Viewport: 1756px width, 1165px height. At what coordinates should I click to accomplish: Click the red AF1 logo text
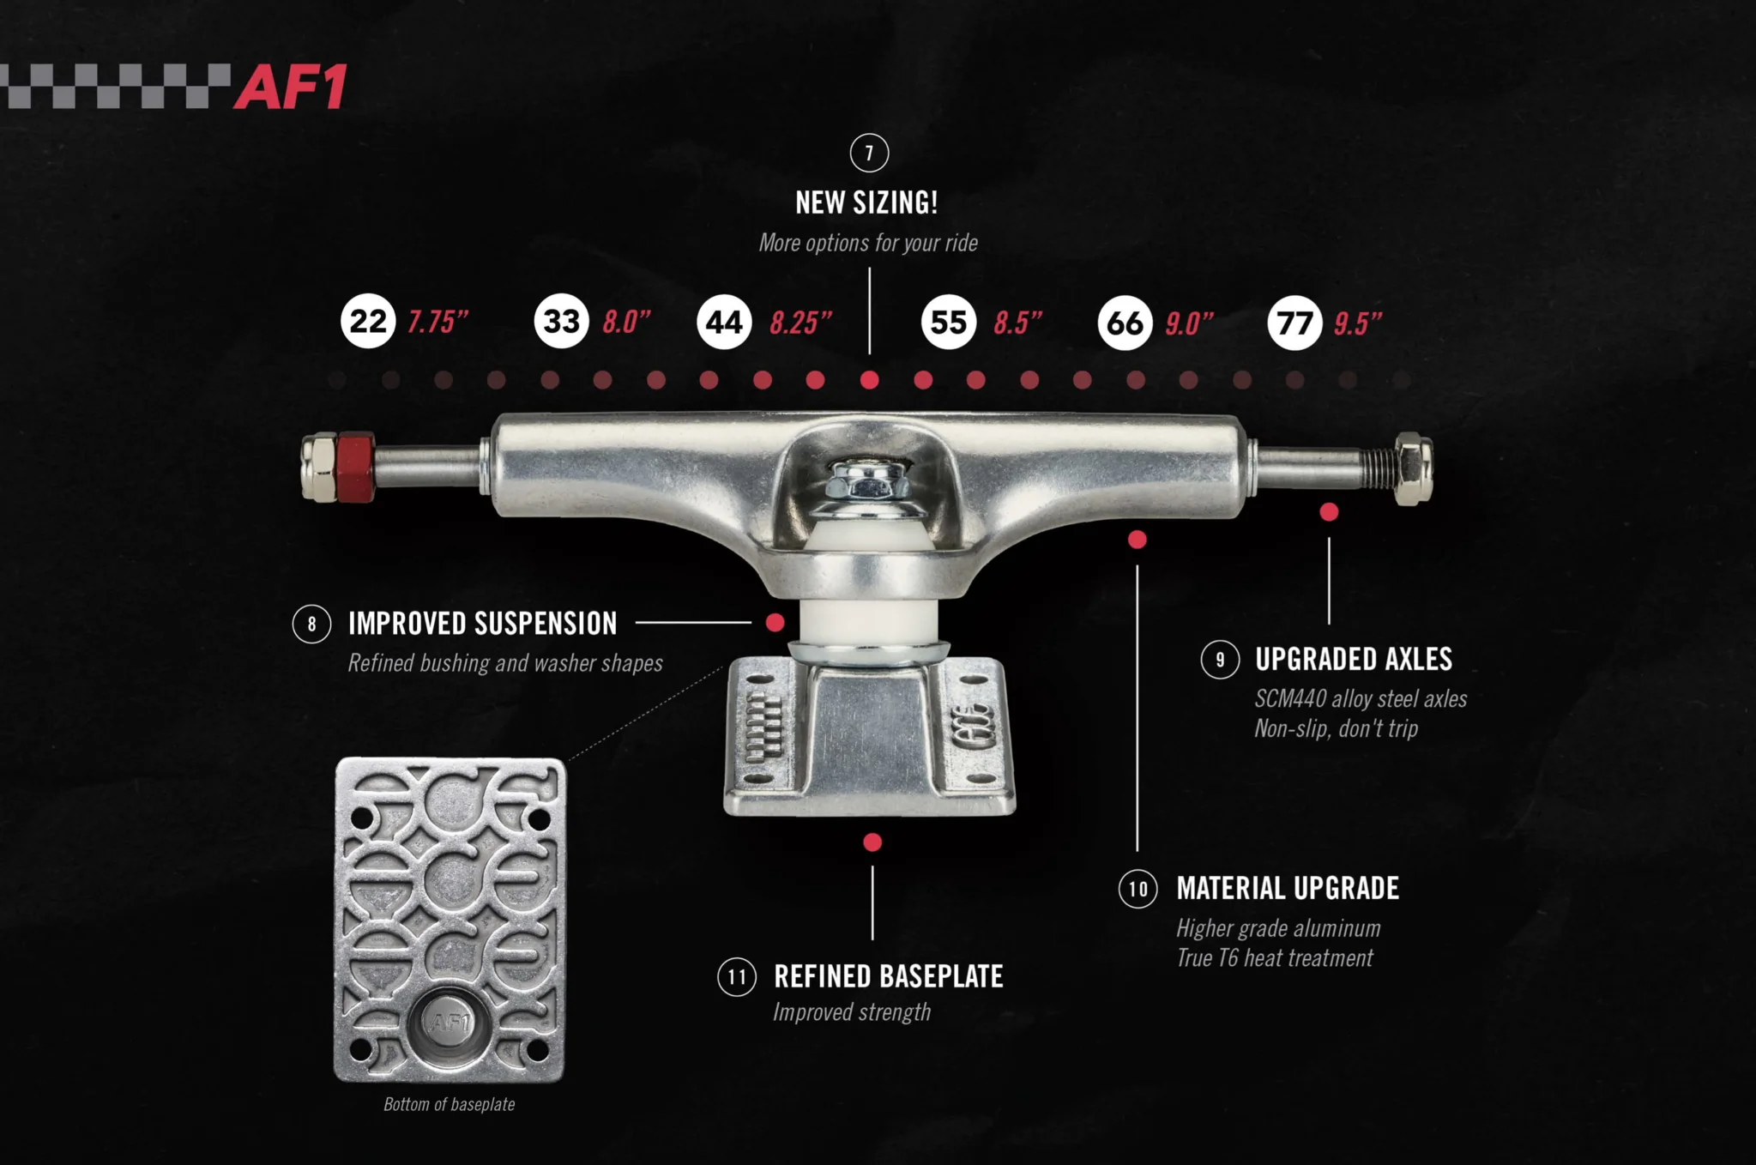(x=291, y=87)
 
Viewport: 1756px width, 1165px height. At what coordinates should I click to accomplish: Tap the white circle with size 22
(x=368, y=322)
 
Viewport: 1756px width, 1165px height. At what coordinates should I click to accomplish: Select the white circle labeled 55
(x=948, y=323)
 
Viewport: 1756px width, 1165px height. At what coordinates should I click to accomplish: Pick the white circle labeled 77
(x=1294, y=323)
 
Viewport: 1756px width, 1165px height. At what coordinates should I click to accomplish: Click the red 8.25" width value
(x=800, y=323)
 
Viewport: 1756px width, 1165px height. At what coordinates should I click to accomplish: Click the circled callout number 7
(x=869, y=154)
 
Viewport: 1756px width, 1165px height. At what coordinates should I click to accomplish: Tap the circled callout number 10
(x=1137, y=889)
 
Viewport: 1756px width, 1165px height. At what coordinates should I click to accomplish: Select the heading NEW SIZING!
(x=866, y=203)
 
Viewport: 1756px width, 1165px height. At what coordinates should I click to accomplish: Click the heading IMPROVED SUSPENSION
(x=482, y=624)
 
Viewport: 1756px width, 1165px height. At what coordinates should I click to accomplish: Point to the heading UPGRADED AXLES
(x=1353, y=659)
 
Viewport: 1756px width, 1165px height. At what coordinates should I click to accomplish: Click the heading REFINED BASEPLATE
(x=888, y=976)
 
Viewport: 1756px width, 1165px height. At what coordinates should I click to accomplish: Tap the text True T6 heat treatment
(x=1274, y=958)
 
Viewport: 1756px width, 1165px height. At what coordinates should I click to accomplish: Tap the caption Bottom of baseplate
(x=449, y=1104)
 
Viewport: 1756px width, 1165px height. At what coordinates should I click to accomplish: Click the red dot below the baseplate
(x=872, y=842)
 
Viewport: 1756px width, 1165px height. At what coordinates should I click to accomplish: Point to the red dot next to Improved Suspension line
(x=775, y=623)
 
